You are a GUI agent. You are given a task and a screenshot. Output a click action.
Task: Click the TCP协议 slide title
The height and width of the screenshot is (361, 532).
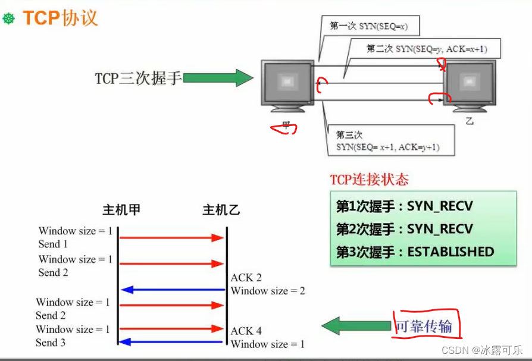pos(61,18)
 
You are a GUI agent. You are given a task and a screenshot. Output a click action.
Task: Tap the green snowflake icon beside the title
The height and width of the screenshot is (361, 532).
pos(9,19)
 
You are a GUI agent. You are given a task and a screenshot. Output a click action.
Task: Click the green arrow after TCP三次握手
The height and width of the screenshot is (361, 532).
pos(218,78)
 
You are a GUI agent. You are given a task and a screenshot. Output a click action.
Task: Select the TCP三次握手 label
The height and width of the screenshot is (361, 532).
pos(137,79)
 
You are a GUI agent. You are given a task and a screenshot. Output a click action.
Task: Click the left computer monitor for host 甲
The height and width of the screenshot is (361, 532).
pos(287,83)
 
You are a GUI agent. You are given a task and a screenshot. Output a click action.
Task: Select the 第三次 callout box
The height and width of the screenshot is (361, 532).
pos(387,141)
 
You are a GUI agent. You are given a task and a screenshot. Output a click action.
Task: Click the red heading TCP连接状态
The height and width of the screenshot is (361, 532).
pos(370,179)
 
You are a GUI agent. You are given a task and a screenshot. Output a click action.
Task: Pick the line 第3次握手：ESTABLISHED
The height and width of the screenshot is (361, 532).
pos(415,252)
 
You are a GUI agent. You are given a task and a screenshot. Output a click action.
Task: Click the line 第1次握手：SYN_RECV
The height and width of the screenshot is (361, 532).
pos(405,206)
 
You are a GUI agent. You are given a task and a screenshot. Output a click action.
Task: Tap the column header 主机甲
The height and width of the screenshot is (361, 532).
pos(121,211)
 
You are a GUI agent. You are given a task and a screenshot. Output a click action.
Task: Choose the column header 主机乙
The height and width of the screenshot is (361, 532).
pos(221,211)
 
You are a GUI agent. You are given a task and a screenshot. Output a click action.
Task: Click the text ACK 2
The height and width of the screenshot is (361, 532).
pos(246,278)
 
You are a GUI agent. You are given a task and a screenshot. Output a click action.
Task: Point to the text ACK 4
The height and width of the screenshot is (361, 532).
pos(246,331)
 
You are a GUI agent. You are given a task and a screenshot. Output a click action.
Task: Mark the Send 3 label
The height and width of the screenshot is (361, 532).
pos(51,343)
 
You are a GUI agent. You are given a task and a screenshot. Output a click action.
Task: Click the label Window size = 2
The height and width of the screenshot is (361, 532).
pos(268,291)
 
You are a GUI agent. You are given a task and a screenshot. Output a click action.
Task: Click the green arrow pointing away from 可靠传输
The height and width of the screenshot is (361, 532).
pos(356,326)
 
